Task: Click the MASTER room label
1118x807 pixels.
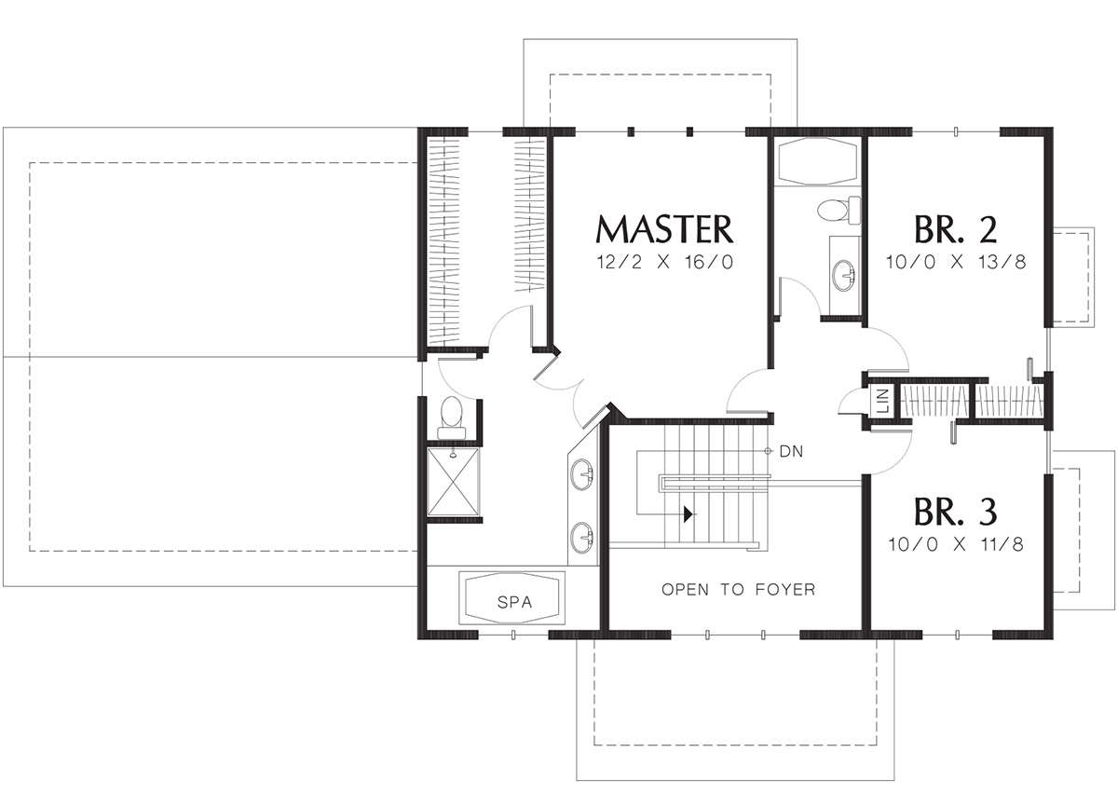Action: tap(664, 229)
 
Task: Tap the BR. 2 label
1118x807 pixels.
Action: tap(955, 229)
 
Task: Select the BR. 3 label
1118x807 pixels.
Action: tap(955, 512)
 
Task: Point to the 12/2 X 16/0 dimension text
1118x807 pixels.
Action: tap(665, 262)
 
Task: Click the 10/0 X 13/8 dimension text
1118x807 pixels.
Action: tap(956, 262)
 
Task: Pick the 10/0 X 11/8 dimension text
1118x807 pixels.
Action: tap(956, 544)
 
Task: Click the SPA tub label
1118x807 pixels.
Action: tap(514, 602)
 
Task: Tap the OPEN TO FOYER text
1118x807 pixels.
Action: tap(738, 589)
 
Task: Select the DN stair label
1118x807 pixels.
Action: tap(791, 452)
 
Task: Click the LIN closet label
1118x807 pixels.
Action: tap(882, 401)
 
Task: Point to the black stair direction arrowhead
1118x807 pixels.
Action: tap(689, 514)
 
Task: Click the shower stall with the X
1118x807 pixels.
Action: tap(453, 482)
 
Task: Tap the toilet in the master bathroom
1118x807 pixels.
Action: tap(452, 418)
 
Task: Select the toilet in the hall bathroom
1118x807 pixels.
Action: tap(839, 210)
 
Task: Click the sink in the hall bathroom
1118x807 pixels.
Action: tap(843, 275)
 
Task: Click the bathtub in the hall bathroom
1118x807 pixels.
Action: tap(816, 161)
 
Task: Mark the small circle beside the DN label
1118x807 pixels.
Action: tap(768, 451)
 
